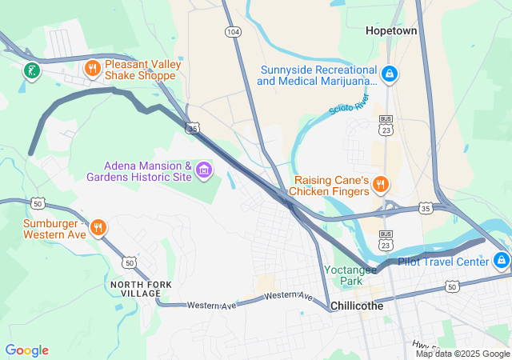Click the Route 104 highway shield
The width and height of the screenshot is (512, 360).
click(233, 32)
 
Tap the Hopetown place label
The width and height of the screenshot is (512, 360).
click(392, 30)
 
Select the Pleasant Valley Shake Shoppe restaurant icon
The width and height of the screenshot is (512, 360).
click(93, 69)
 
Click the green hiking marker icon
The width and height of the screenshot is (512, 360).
click(31, 71)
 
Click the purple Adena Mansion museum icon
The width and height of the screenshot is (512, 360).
click(204, 169)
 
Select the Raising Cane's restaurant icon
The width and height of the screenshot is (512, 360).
click(381, 185)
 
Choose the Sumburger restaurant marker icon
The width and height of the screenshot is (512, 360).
click(98, 227)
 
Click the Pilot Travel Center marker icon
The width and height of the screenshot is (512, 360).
click(502, 260)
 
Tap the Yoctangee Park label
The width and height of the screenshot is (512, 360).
click(349, 275)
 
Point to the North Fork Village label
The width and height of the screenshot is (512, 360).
click(136, 289)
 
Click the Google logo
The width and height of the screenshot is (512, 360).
click(26, 350)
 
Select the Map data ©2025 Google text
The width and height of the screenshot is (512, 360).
click(462, 354)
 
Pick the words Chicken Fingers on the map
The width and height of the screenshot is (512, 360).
click(328, 191)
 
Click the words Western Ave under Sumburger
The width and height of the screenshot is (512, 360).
click(54, 234)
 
